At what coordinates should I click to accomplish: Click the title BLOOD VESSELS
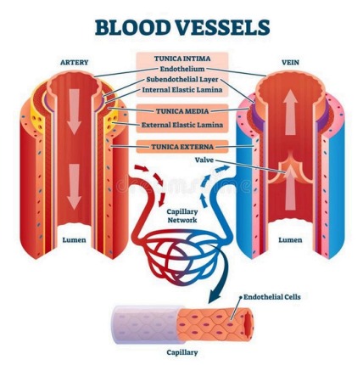(182, 28)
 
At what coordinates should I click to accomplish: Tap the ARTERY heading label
(75, 62)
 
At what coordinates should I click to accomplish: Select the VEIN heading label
(288, 62)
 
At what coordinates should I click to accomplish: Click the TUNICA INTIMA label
(181, 59)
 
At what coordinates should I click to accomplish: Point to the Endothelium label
(181, 70)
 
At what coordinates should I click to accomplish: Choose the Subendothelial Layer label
(181, 79)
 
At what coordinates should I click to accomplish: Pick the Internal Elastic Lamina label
(181, 88)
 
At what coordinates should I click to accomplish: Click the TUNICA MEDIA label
(181, 110)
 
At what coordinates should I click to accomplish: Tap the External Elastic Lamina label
(181, 124)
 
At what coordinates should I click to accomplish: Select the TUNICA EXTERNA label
(181, 147)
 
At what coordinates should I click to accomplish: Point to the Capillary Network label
(181, 216)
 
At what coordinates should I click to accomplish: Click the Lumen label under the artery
(75, 240)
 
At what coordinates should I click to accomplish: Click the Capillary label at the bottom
(181, 350)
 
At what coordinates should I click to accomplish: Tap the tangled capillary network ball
(181, 256)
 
